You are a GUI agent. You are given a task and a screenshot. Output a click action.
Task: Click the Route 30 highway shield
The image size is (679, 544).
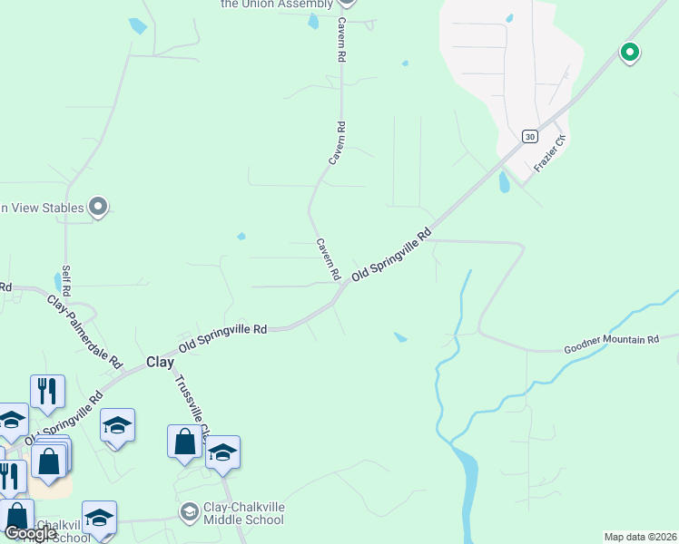(x=530, y=136)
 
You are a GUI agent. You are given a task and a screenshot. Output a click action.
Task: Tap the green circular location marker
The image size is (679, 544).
(x=629, y=53)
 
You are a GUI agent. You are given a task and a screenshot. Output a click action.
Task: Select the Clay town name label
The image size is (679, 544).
(x=160, y=362)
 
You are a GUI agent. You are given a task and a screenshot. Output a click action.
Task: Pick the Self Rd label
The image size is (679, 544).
(x=65, y=279)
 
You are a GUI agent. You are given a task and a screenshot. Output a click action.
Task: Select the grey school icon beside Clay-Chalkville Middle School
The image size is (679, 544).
(x=189, y=512)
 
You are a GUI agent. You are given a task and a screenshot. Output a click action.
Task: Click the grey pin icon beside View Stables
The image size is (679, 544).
(x=99, y=208)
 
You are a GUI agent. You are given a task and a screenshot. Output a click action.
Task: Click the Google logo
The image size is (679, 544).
(x=30, y=533)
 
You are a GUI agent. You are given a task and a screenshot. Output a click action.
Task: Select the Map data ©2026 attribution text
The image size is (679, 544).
(x=641, y=537)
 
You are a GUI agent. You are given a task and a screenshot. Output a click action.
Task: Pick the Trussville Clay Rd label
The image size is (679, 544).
(x=192, y=403)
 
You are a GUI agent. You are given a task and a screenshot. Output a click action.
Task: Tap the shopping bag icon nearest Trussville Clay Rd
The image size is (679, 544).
(x=184, y=442)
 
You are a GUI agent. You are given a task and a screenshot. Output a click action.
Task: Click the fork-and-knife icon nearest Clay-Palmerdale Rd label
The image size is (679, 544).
(x=47, y=391)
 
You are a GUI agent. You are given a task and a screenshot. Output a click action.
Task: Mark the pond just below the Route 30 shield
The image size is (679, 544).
(x=504, y=182)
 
